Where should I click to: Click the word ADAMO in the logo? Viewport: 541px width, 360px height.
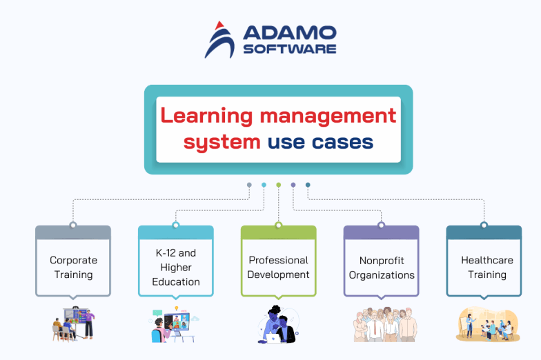tap(290, 32)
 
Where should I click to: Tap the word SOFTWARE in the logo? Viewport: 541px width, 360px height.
tap(290, 49)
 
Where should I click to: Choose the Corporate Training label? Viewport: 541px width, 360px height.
tap(73, 268)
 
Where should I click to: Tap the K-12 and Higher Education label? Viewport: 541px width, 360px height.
tap(176, 268)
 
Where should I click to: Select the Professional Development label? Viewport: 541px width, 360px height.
tap(279, 268)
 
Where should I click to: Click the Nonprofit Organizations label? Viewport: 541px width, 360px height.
tap(382, 268)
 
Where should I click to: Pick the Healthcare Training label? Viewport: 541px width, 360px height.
tap(487, 268)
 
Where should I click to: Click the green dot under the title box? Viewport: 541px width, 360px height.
tap(279, 185)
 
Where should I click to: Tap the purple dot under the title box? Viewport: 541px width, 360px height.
tap(293, 185)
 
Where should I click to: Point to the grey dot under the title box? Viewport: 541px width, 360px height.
tap(249, 185)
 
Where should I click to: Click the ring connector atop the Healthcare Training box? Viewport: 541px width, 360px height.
tap(484, 225)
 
